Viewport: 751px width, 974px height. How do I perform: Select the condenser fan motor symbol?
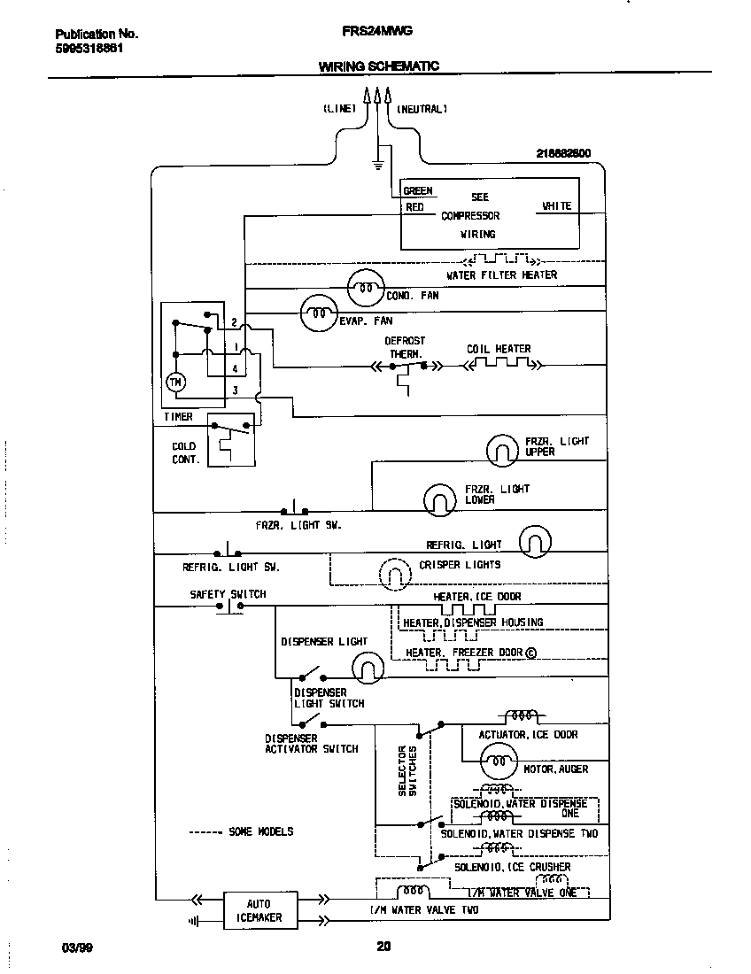pyautogui.click(x=363, y=284)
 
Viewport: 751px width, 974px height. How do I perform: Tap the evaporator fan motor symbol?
pyautogui.click(x=318, y=310)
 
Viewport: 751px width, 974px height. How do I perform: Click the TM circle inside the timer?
pyautogui.click(x=174, y=382)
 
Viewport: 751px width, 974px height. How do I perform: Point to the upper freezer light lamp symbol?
pyautogui.click(x=501, y=450)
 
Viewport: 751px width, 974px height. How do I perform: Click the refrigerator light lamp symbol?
pyautogui.click(x=534, y=541)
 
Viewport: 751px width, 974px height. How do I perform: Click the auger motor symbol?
pyautogui.click(x=498, y=760)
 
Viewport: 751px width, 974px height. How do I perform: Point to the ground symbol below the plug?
pyautogui.click(x=377, y=164)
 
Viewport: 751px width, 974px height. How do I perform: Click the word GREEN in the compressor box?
pyautogui.click(x=418, y=190)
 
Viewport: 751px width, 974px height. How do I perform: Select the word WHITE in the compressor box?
pyautogui.click(x=556, y=206)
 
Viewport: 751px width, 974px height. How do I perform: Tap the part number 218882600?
pyautogui.click(x=563, y=152)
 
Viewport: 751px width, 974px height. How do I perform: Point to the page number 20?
pyautogui.click(x=383, y=947)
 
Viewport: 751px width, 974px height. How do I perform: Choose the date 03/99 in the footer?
pyautogui.click(x=78, y=947)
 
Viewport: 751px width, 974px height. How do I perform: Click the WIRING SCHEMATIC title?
pyautogui.click(x=378, y=66)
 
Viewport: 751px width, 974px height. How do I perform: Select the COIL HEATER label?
pyautogui.click(x=499, y=349)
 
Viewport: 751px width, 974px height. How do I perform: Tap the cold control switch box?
pyautogui.click(x=230, y=439)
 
